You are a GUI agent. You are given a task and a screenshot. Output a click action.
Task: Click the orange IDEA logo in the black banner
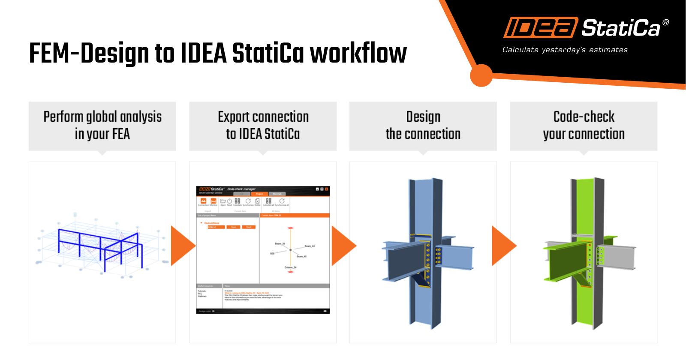click(540, 28)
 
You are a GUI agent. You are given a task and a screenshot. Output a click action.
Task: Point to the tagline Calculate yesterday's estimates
click(565, 50)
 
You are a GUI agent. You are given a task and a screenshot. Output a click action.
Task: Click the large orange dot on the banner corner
click(481, 75)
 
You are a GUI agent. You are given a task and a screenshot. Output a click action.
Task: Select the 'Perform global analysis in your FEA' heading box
click(102, 126)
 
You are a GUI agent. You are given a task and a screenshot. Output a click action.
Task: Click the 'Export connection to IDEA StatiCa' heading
click(263, 126)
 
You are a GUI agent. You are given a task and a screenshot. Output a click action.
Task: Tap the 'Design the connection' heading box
click(423, 126)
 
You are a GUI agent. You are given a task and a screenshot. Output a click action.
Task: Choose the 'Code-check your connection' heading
click(584, 126)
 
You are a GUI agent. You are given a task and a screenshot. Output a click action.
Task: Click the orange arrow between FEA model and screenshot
click(182, 246)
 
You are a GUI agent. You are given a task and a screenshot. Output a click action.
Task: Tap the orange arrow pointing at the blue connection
click(343, 246)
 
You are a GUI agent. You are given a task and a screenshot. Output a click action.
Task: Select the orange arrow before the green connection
click(502, 246)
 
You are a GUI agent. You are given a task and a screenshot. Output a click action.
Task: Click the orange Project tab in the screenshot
click(259, 194)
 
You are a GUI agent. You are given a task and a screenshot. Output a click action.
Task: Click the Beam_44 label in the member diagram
click(310, 246)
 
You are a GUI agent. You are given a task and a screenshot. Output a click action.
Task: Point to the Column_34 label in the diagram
click(290, 267)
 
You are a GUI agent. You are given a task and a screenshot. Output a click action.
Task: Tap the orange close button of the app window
click(327, 189)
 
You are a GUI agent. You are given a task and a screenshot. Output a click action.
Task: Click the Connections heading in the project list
click(211, 223)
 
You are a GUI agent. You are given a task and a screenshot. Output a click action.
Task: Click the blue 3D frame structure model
click(101, 246)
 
